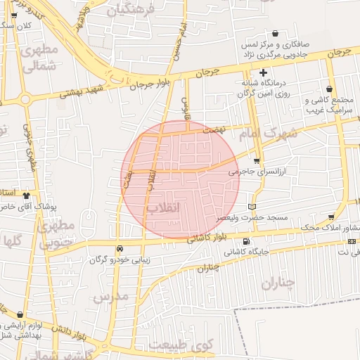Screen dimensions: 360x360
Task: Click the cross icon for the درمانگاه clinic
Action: pyautogui.click(x=264, y=72)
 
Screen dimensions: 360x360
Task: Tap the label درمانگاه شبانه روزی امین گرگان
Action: pyautogui.click(x=264, y=89)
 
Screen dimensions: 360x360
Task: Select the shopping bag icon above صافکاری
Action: pyautogui.click(x=274, y=33)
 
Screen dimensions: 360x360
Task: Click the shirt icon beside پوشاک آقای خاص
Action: pyautogui.click(x=27, y=196)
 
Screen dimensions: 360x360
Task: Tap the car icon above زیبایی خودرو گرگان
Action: pyautogui.click(x=120, y=248)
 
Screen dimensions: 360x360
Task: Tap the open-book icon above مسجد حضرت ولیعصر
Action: pyautogui.click(x=252, y=207)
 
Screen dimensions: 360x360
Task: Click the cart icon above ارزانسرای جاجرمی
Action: pyautogui.click(x=256, y=161)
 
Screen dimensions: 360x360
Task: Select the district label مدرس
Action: pyautogui.click(x=112, y=296)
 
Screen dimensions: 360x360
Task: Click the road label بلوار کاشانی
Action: pyautogui.click(x=208, y=238)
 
